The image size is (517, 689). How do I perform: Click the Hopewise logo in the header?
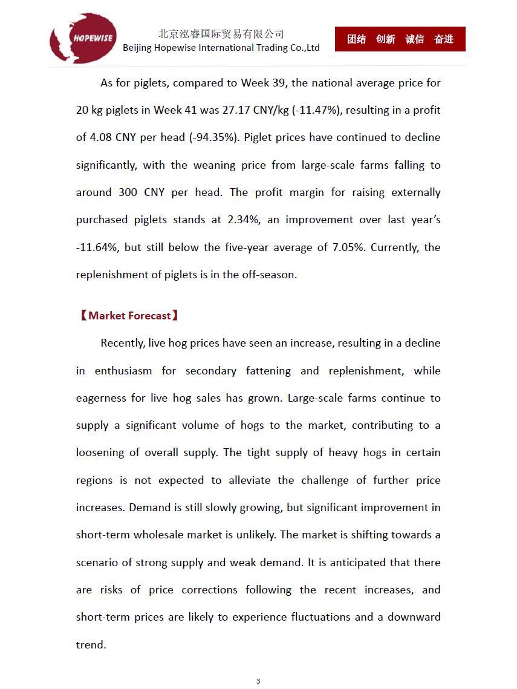(83, 38)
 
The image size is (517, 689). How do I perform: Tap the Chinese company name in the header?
(221, 34)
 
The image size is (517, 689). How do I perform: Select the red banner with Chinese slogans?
(400, 39)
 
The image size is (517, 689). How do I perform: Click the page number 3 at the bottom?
(258, 681)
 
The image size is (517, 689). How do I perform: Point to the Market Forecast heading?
(129, 316)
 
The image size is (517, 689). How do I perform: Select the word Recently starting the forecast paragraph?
(123, 343)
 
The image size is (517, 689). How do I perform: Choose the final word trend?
(91, 645)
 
